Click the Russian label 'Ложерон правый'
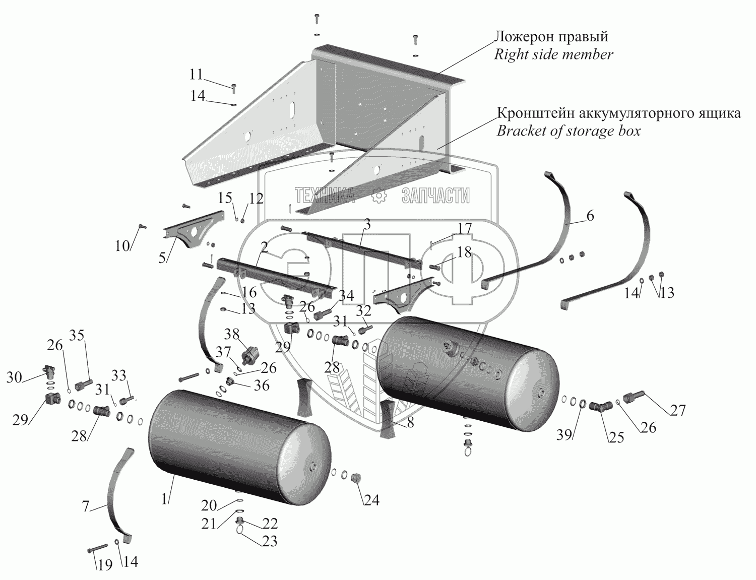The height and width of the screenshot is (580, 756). coord(551,37)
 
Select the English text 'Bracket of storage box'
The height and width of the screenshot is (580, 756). coord(569,131)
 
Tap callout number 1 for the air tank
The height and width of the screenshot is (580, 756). coord(164,498)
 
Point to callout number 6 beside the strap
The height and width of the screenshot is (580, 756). coord(590,216)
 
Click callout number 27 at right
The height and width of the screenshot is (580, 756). coord(678,411)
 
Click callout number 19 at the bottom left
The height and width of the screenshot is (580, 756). coord(105,565)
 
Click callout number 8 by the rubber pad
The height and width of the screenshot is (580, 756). coord(410,423)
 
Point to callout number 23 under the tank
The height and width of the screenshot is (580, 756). coord(270,541)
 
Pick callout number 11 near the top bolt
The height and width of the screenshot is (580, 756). coord(196,75)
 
